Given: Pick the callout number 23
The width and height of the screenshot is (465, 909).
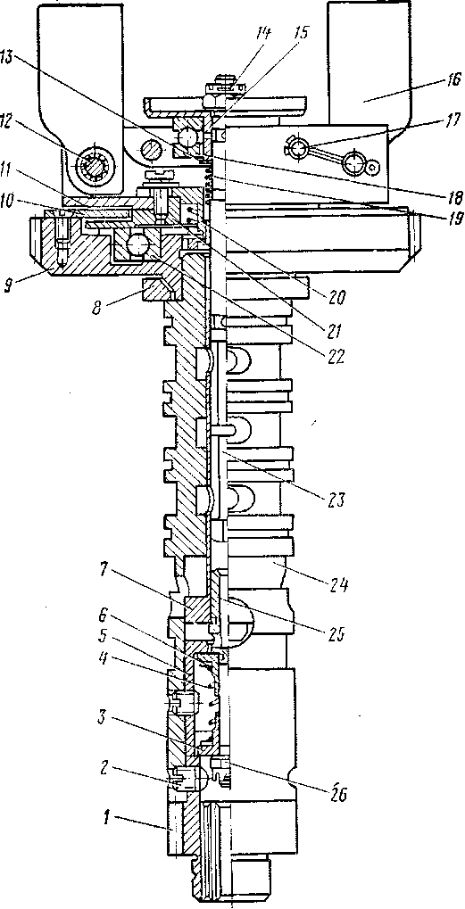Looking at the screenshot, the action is tap(335, 499).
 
